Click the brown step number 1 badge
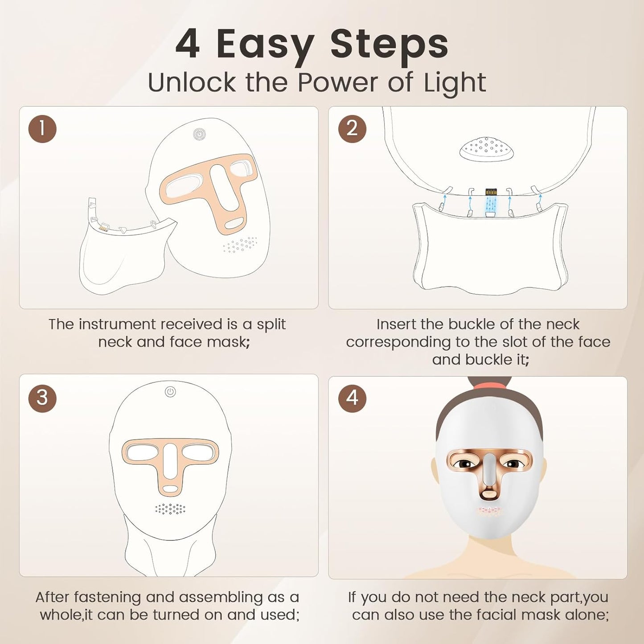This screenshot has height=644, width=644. pyautogui.click(x=42, y=129)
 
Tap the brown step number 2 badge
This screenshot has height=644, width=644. pyautogui.click(x=352, y=129)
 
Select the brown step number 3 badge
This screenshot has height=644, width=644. pyautogui.click(x=42, y=398)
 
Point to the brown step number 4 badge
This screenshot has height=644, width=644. pyautogui.click(x=352, y=398)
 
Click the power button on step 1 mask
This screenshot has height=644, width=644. pyautogui.click(x=199, y=134)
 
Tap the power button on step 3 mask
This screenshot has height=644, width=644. pyautogui.click(x=170, y=392)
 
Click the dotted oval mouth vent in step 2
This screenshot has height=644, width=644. pyautogui.click(x=487, y=148)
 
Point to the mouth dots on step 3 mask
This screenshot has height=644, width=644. pyautogui.click(x=170, y=509)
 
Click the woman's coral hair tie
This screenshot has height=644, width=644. pyautogui.click(x=489, y=385)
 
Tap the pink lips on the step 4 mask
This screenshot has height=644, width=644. pyautogui.click(x=489, y=511)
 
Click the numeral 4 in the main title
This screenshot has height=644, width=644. pyautogui.click(x=187, y=44)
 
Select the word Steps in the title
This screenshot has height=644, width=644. pyautogui.click(x=389, y=44)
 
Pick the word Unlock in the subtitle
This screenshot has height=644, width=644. pyautogui.click(x=191, y=83)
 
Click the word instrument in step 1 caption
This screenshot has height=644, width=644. pyautogui.click(x=118, y=324)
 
